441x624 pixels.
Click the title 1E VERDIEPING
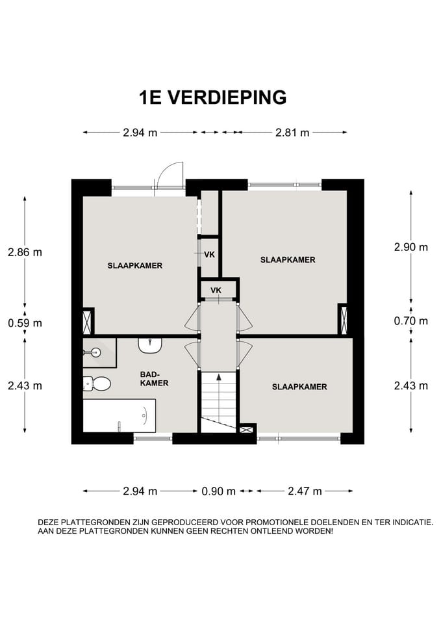212,97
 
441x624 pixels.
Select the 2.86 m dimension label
25,252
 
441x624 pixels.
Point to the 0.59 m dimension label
25,323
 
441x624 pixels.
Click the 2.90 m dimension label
411,247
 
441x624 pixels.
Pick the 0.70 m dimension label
411,320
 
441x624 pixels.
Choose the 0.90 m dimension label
218,491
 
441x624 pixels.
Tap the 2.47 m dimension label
305,491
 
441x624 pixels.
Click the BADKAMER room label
155,379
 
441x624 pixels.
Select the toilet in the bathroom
98,383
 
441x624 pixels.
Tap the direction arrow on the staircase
218,377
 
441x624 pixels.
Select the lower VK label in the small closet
216,290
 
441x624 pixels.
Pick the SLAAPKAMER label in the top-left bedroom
134,266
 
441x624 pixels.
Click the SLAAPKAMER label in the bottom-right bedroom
299,387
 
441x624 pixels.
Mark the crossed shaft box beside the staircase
247,429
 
